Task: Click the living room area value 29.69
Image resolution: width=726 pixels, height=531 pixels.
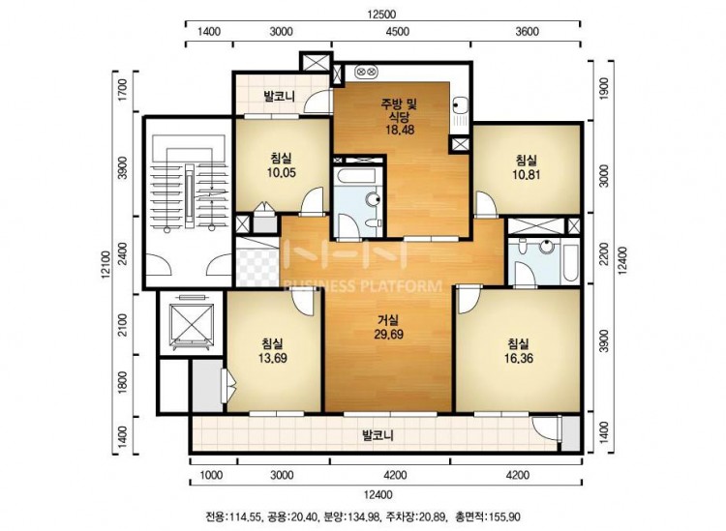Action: click(388, 334)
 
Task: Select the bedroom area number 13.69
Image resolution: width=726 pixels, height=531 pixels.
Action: click(272, 358)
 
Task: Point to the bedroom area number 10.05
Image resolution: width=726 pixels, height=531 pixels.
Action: click(281, 172)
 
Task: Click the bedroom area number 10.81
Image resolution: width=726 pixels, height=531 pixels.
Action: click(527, 174)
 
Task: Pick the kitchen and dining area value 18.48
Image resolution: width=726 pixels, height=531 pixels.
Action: click(400, 130)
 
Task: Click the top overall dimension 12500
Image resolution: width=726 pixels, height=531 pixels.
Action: click(381, 15)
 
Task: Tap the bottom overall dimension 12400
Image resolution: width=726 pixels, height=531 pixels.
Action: click(378, 495)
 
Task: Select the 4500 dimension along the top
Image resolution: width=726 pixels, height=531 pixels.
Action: click(398, 32)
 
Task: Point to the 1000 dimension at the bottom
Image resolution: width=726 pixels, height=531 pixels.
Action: click(211, 476)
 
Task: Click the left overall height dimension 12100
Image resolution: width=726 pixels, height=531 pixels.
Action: click(106, 265)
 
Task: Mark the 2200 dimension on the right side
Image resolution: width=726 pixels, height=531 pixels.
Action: click(604, 254)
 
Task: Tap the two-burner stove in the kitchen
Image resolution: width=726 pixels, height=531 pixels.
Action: click(367, 73)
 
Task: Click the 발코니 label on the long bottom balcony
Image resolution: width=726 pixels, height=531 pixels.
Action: click(378, 435)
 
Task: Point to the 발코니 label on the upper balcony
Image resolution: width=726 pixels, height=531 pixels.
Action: click(279, 96)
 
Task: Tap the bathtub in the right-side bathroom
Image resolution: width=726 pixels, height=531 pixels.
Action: click(570, 262)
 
